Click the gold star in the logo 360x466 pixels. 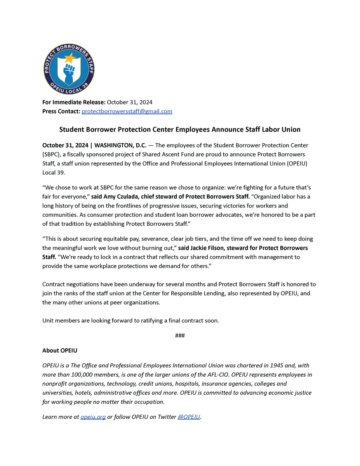click(x=70, y=58)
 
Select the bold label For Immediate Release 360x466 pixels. click(x=73, y=102)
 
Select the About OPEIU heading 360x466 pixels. click(x=60, y=351)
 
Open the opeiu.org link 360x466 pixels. click(x=93, y=417)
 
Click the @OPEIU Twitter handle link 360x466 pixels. click(x=189, y=417)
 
